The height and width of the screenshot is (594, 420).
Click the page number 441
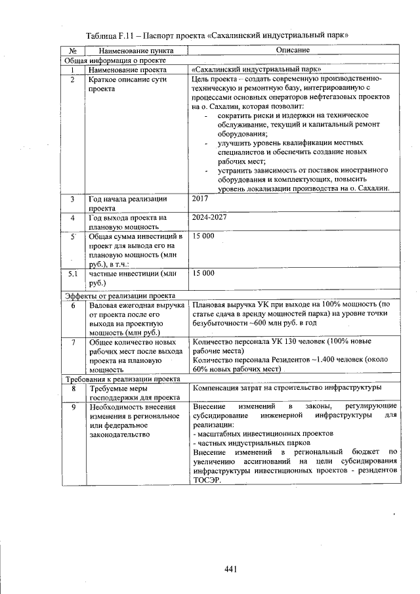[x=230, y=568]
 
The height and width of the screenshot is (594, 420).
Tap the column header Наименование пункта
[x=131, y=50]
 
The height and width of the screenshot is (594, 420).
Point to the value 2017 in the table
[x=200, y=198]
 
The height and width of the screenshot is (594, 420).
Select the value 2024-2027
[x=209, y=217]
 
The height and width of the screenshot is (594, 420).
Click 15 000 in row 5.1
[x=203, y=272]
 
